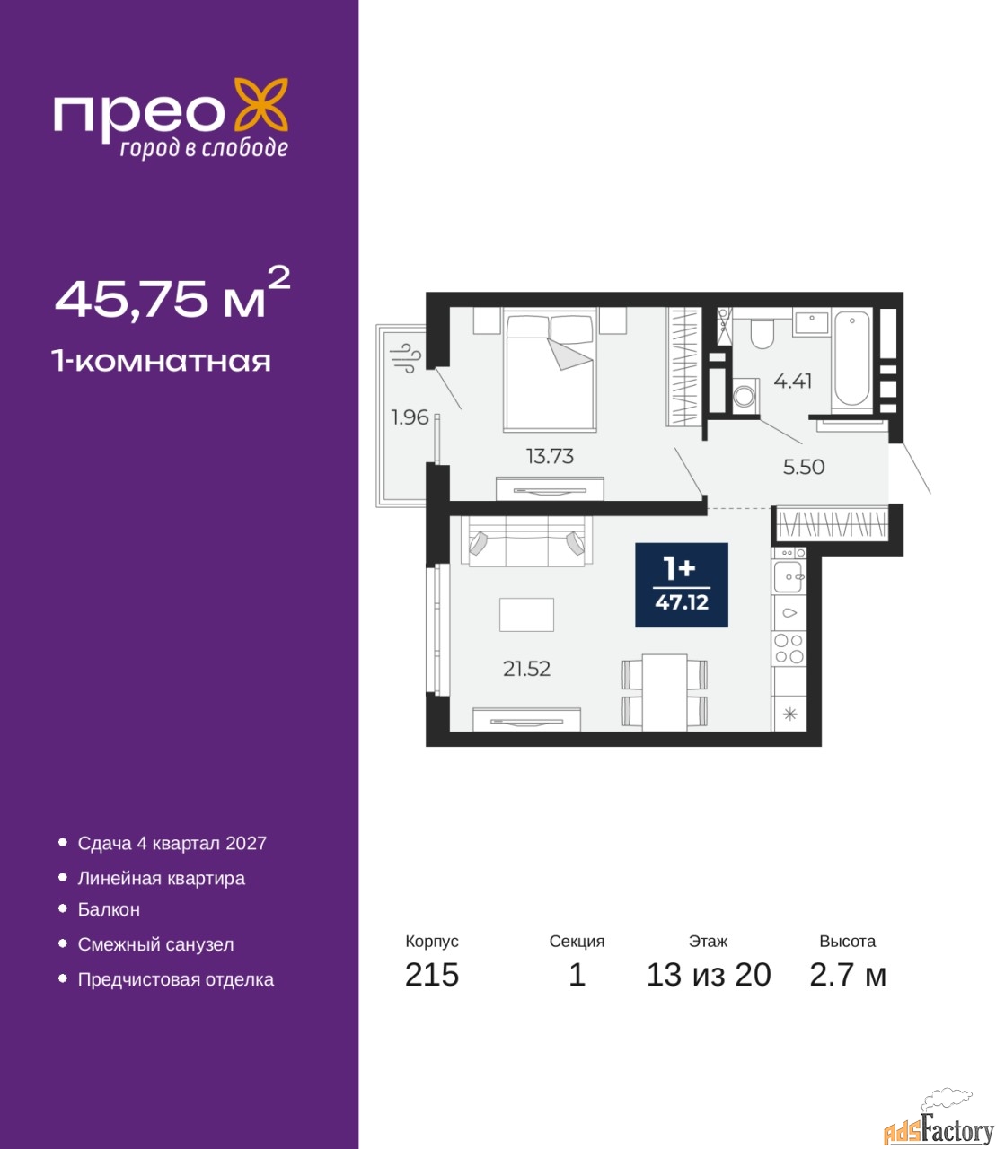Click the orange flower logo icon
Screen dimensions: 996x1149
click(260, 105)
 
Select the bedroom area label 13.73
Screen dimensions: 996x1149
click(550, 456)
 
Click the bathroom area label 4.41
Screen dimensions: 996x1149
click(793, 382)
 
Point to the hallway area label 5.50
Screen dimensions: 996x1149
click(804, 467)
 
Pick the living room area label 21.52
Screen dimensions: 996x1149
click(526, 668)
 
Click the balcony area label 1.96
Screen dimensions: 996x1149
click(410, 417)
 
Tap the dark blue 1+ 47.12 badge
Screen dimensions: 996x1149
click(682, 584)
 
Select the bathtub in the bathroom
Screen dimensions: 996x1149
click(851, 358)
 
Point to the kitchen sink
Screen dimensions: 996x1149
click(788, 577)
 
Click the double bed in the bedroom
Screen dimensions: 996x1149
click(550, 370)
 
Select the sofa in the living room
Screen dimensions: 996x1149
click(526, 541)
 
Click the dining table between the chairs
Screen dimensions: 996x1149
click(665, 693)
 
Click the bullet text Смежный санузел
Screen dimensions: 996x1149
click(155, 944)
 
